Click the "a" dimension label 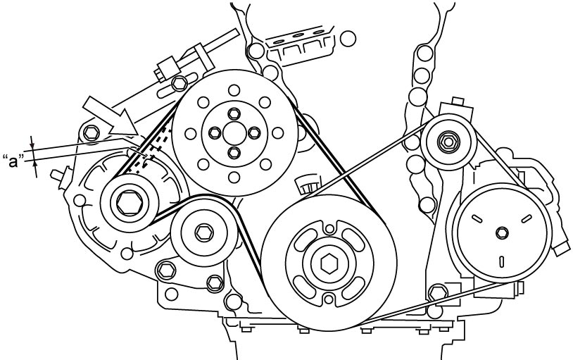tap(13, 161)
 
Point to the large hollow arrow tap(111, 116)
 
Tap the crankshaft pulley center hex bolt tap(329, 263)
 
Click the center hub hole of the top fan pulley tap(234, 133)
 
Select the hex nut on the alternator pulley tap(129, 204)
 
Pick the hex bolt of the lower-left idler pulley tap(204, 233)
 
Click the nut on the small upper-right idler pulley tap(448, 141)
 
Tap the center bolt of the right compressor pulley tap(502, 232)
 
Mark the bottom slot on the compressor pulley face tap(502, 261)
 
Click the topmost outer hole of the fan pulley tap(234, 90)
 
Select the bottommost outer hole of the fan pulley tap(234, 177)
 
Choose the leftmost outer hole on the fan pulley tap(190, 134)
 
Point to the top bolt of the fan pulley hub tap(234, 114)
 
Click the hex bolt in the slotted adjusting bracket tap(180, 83)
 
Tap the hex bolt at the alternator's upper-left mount tap(92, 132)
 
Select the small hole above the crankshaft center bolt tap(329, 229)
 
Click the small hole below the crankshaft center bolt tap(329, 299)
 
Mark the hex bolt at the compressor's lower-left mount tap(438, 292)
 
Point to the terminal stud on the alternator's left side tap(61, 176)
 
